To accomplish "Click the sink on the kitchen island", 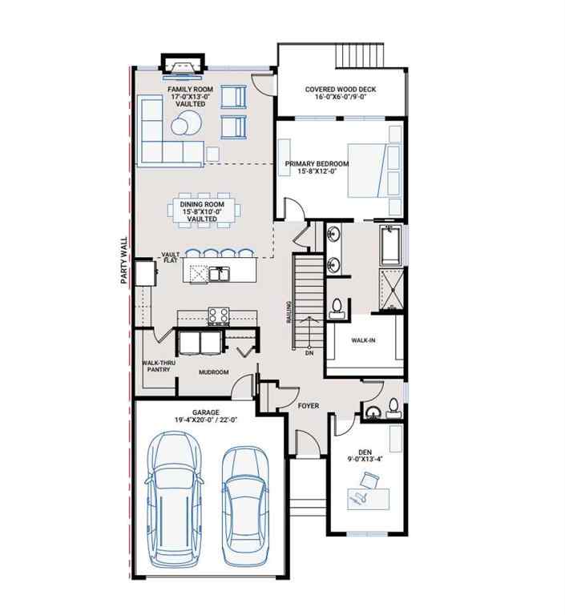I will click(x=219, y=274).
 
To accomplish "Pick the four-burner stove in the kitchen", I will click(x=219, y=316).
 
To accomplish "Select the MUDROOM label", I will click(x=214, y=372).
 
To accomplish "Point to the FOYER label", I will click(x=309, y=406).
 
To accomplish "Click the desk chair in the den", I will click(x=369, y=481).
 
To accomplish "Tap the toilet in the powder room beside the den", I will click(x=393, y=407).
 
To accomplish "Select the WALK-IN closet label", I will click(x=364, y=340).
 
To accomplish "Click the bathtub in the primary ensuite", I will click(x=390, y=247).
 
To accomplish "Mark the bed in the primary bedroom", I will click(x=373, y=171).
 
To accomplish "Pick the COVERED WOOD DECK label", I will click(x=341, y=90).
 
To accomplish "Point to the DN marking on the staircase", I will click(x=308, y=352).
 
